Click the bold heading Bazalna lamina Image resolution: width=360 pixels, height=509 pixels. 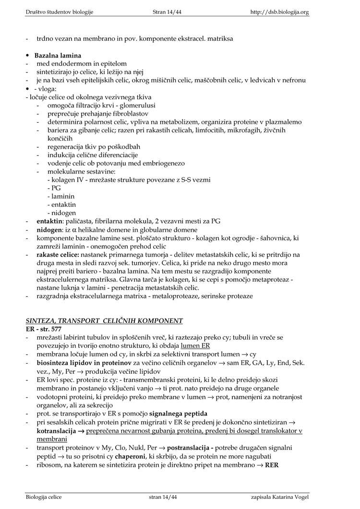(x=58, y=56)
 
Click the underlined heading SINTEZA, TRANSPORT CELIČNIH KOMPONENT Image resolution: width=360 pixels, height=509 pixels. (x=104, y=320)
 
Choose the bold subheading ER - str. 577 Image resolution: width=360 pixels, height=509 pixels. (x=44, y=329)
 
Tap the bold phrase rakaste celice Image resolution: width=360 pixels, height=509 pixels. (x=59, y=254)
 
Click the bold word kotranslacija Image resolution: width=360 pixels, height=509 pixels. (x=57, y=430)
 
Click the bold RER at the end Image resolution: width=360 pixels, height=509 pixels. (x=272, y=465)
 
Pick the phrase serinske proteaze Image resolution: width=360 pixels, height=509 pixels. (x=227, y=296)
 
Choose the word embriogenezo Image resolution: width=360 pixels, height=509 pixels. (x=157, y=163)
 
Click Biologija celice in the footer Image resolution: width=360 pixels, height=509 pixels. (x=44, y=497)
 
